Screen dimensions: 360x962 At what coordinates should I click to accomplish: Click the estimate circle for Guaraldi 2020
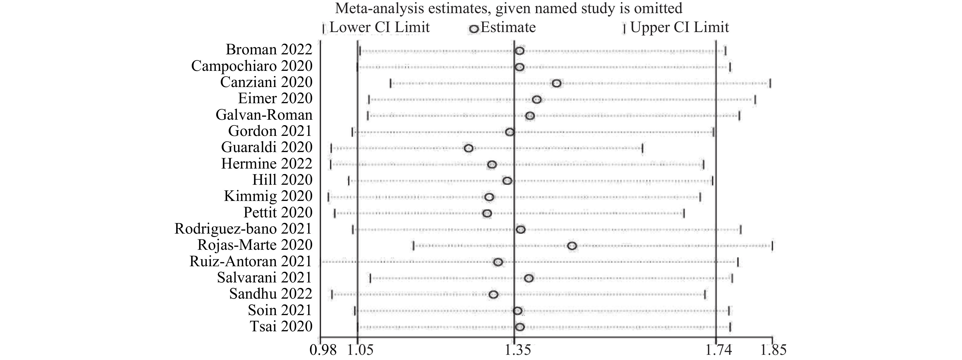(469, 148)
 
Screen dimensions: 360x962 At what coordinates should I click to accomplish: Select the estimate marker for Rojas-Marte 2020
(572, 246)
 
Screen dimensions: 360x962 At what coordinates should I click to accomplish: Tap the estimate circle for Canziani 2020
(556, 83)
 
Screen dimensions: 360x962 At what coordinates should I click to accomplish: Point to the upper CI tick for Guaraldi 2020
(642, 148)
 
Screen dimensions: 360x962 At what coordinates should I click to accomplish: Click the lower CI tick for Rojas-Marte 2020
(414, 246)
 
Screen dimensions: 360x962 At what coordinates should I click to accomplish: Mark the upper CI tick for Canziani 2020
(770, 83)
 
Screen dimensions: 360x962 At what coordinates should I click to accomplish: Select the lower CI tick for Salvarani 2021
(370, 278)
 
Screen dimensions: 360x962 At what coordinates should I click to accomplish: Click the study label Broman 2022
(269, 50)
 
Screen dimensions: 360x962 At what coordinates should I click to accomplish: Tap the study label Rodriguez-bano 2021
(243, 229)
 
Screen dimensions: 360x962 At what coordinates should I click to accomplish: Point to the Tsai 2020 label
(281, 327)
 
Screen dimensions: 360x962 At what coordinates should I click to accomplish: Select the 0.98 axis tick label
(323, 350)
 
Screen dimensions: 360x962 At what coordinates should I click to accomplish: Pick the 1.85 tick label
(773, 350)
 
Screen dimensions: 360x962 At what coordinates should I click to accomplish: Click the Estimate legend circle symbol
(474, 29)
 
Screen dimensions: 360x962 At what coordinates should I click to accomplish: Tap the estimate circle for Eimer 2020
(537, 100)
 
